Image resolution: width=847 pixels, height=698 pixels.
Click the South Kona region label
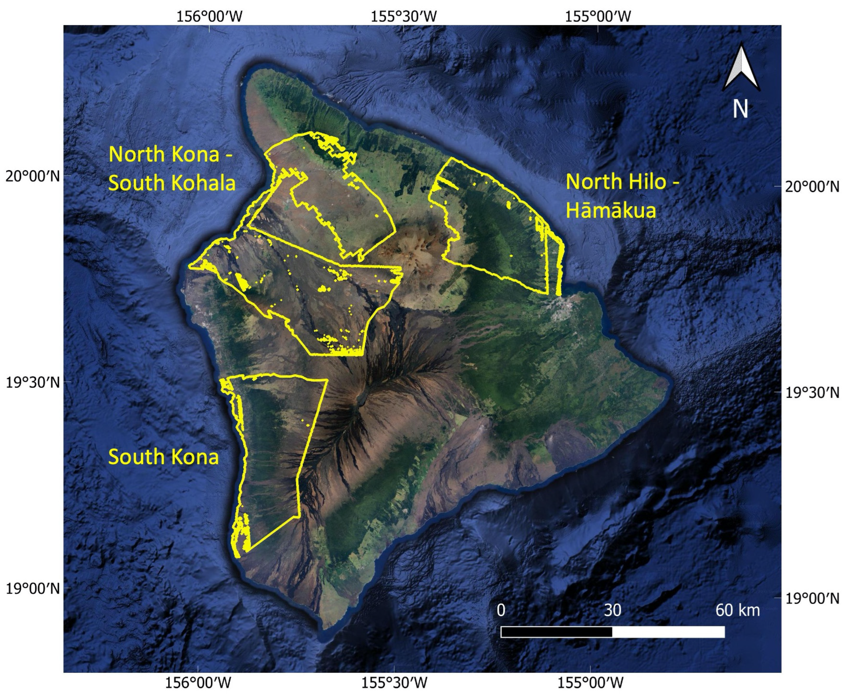163,457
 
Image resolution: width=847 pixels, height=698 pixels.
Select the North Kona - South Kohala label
171,168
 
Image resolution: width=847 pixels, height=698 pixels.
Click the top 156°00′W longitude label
209,16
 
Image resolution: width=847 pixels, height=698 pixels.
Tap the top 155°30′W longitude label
403,16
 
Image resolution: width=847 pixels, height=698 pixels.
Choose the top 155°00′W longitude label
598,16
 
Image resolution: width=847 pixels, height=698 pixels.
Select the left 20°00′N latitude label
32,176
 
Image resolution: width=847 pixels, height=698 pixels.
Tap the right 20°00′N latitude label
813,187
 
